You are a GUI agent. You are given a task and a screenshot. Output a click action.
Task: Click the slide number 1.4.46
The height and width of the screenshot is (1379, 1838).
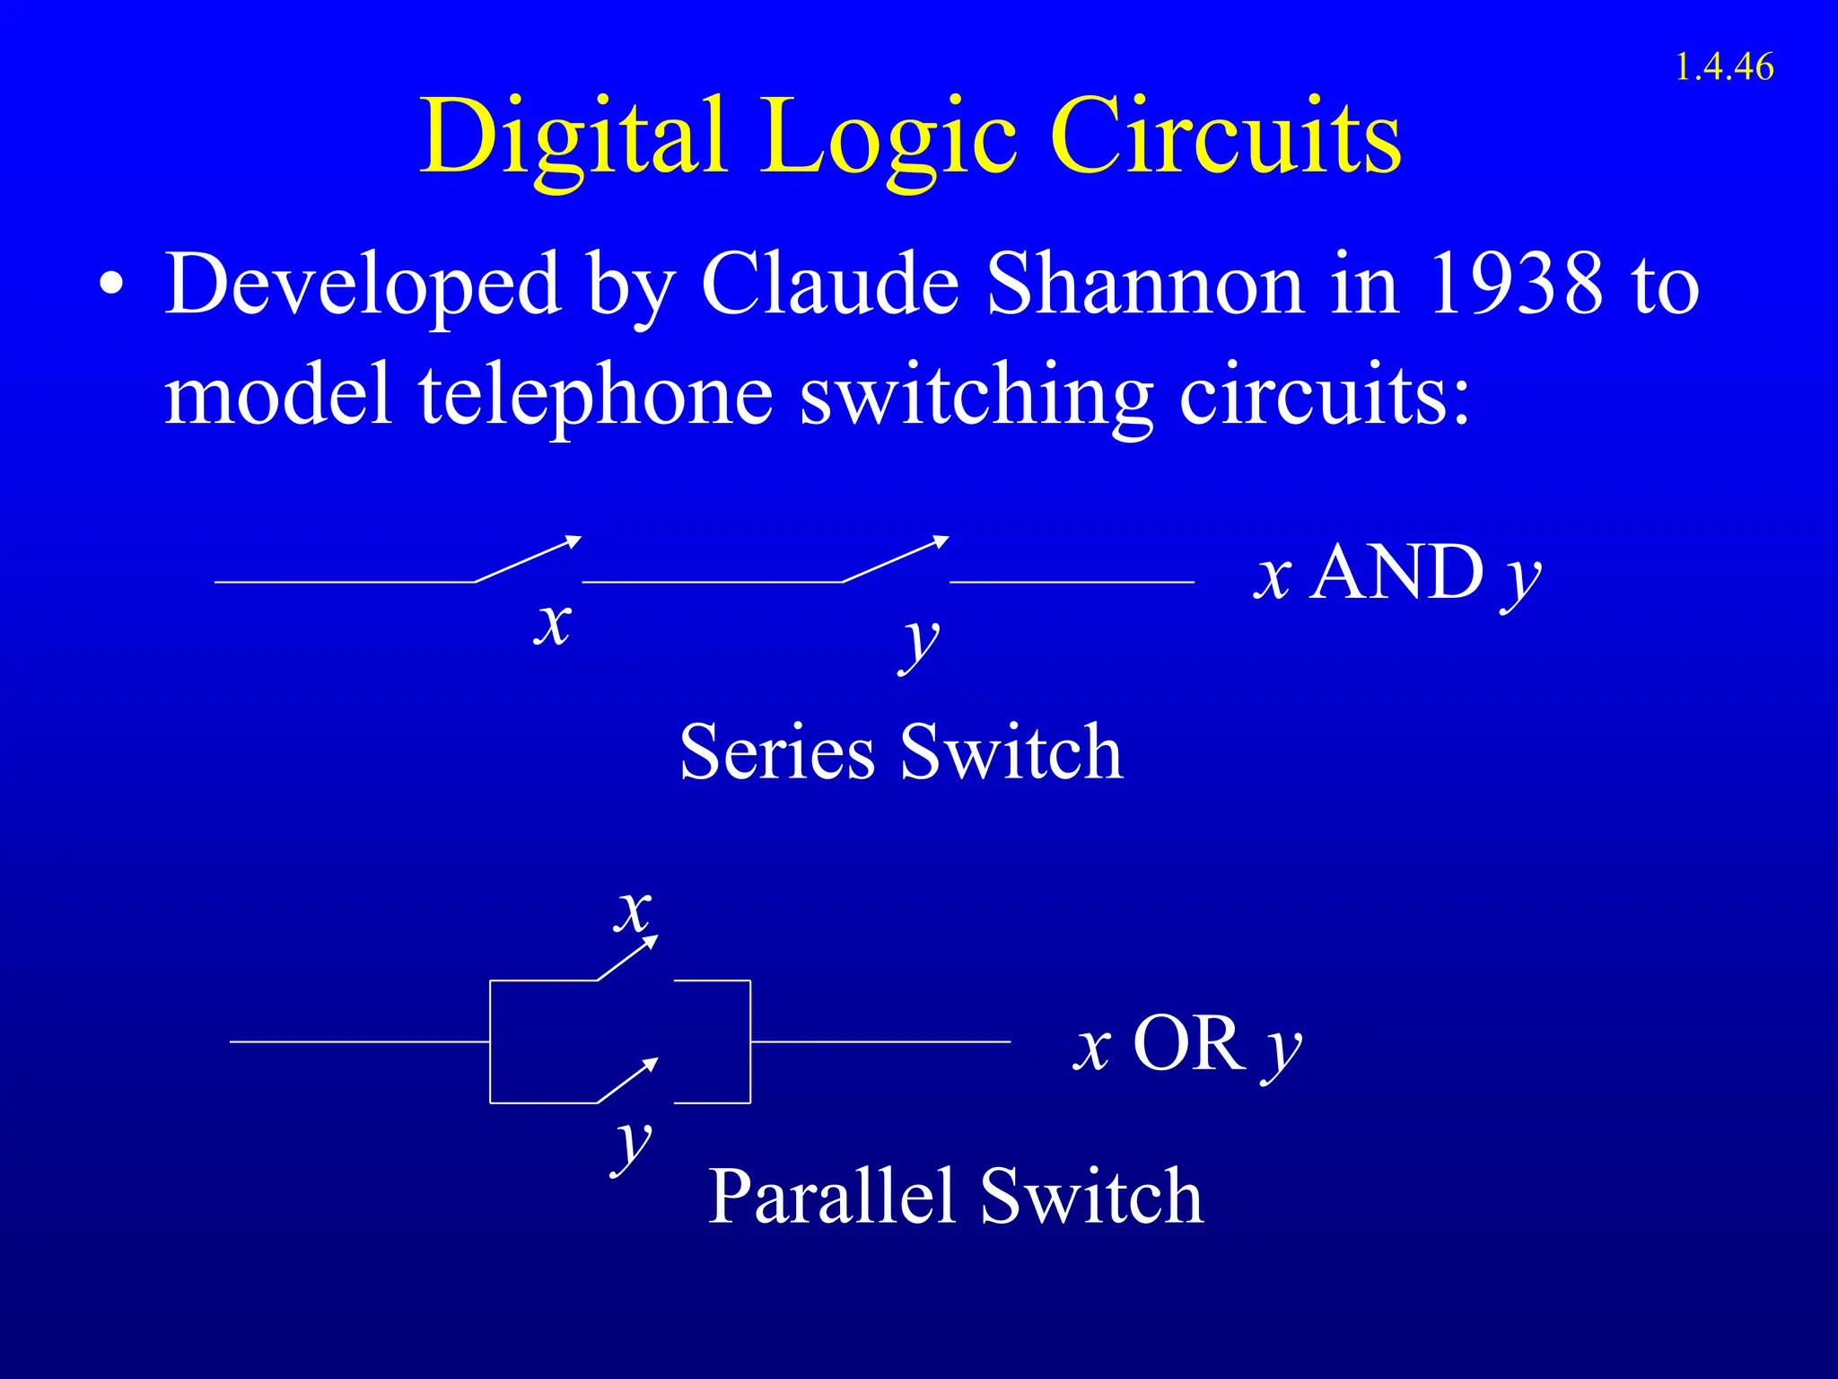1723,67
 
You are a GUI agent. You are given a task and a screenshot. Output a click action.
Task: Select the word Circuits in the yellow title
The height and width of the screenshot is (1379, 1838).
1225,136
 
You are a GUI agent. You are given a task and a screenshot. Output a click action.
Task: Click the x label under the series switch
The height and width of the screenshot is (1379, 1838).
552,623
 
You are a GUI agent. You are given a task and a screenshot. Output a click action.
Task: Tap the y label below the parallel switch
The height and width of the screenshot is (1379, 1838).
634,1146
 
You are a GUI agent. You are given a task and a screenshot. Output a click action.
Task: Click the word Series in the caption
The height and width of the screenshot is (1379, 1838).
776,752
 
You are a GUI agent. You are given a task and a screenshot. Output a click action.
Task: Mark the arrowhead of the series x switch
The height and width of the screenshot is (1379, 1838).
573,540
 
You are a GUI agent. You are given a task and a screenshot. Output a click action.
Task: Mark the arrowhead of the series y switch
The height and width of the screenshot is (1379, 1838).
941,540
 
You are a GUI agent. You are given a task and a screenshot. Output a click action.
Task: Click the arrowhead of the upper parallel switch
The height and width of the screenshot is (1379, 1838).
652,941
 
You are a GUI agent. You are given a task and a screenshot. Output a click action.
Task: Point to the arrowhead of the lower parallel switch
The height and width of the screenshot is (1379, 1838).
652,1064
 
